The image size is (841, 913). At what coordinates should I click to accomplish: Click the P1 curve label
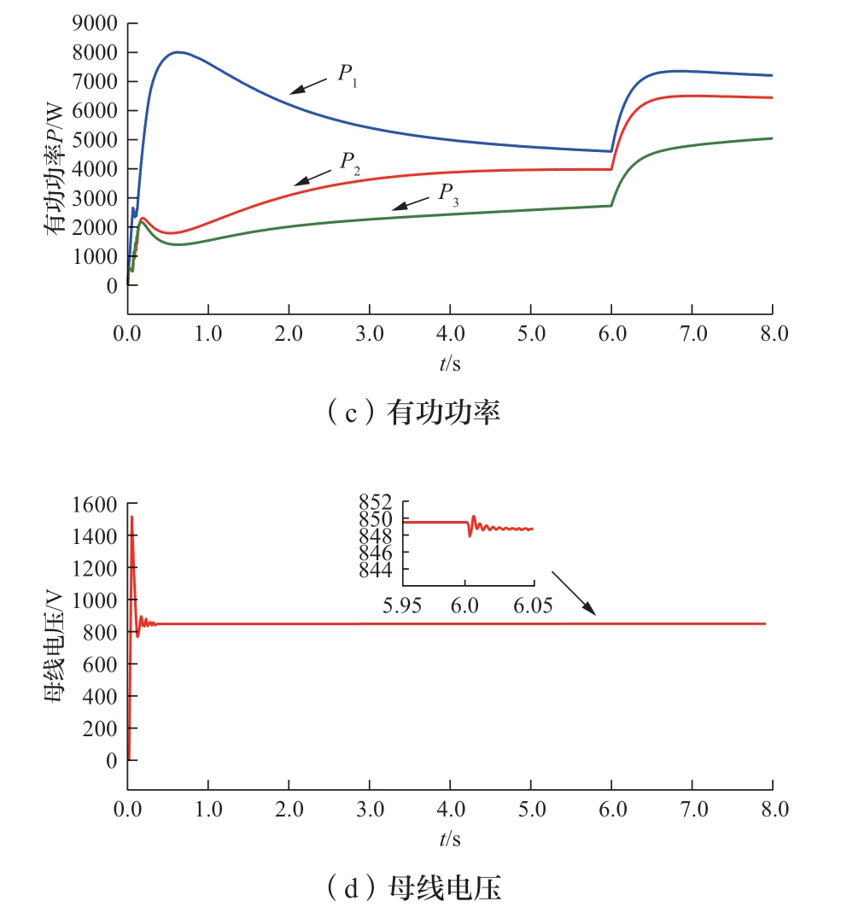click(347, 74)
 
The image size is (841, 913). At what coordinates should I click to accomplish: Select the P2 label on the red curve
click(350, 162)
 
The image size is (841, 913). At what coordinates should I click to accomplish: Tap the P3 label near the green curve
click(447, 194)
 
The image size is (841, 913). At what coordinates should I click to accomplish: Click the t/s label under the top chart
click(450, 364)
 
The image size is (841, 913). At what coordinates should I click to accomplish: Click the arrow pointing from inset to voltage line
click(574, 593)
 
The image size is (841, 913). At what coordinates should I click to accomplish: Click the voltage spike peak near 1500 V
click(131, 517)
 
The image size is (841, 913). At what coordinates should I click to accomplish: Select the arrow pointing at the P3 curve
click(411, 203)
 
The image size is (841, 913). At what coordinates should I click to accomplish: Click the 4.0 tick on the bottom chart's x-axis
click(450, 808)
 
